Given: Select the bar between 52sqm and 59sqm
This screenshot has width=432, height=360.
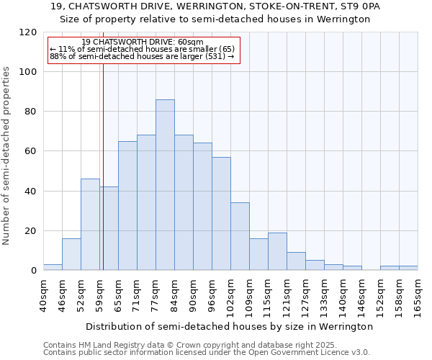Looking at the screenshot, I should point(90,224).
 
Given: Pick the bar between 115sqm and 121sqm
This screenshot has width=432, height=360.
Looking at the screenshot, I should point(277,251).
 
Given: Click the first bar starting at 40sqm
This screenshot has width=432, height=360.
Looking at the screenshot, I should point(53,267).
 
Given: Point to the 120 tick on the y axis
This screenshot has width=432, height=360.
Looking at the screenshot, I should point(28,32).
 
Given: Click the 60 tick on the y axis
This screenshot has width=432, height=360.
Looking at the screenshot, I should point(31,151).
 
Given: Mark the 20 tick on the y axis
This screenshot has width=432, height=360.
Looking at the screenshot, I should point(31,231).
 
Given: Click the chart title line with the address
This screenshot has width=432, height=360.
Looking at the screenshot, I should point(215,6).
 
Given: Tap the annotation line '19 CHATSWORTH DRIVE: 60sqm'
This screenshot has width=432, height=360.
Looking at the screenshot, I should point(143,42).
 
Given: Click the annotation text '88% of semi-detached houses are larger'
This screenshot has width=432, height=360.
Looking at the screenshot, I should point(142,56).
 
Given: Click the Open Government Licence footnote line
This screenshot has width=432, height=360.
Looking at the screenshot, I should point(207,353).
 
